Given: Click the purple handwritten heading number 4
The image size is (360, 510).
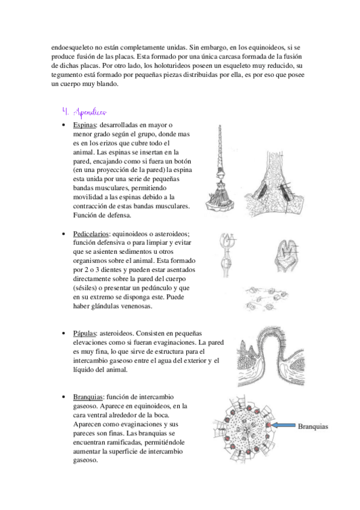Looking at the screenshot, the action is (65, 112).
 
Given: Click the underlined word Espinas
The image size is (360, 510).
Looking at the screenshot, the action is (85, 125).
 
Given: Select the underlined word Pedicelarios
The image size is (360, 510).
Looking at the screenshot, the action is (91, 234).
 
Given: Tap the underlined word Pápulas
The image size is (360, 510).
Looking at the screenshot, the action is (85, 333).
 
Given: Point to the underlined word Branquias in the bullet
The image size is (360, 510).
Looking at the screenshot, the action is (88, 397).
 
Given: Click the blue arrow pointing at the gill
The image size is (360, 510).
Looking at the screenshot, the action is (283, 425).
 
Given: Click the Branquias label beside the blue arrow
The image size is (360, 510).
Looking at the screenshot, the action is (313, 426).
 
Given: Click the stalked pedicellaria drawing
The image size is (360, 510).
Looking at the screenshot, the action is (227, 255).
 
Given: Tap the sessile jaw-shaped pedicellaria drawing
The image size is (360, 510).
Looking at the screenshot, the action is (285, 256).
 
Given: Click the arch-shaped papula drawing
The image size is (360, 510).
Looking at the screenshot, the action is (271, 357).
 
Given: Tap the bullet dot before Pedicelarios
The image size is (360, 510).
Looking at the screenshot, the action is (64, 234).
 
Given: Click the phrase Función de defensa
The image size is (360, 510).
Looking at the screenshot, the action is (102, 215).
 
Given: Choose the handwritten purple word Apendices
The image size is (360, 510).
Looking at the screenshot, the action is (90, 112).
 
